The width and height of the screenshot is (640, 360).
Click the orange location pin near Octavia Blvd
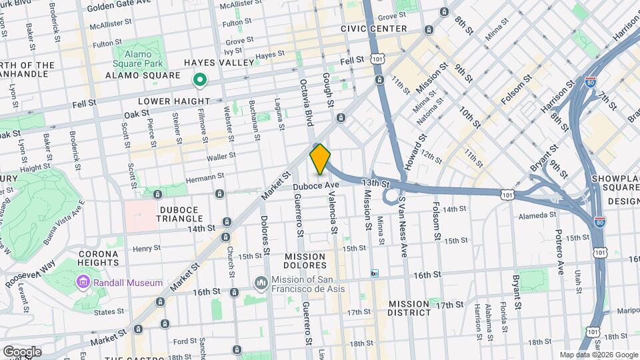pos(320,159)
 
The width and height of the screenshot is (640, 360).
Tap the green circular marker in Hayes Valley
pos(199,81)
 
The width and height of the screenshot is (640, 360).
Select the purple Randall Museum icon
pos(83,282)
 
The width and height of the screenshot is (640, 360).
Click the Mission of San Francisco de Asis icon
pos(261,283)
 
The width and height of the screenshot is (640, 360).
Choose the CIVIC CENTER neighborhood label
pos(373,29)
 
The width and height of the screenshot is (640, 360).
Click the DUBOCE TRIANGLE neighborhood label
pos(180,213)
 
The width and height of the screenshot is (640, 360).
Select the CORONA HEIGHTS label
pos(99,259)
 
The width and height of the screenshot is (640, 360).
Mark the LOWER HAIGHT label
pos(173,101)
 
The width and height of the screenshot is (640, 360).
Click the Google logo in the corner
pos(21,351)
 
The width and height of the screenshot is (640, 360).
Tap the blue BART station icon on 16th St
pos(375,273)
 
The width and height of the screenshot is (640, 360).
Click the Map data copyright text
pos(598,355)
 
